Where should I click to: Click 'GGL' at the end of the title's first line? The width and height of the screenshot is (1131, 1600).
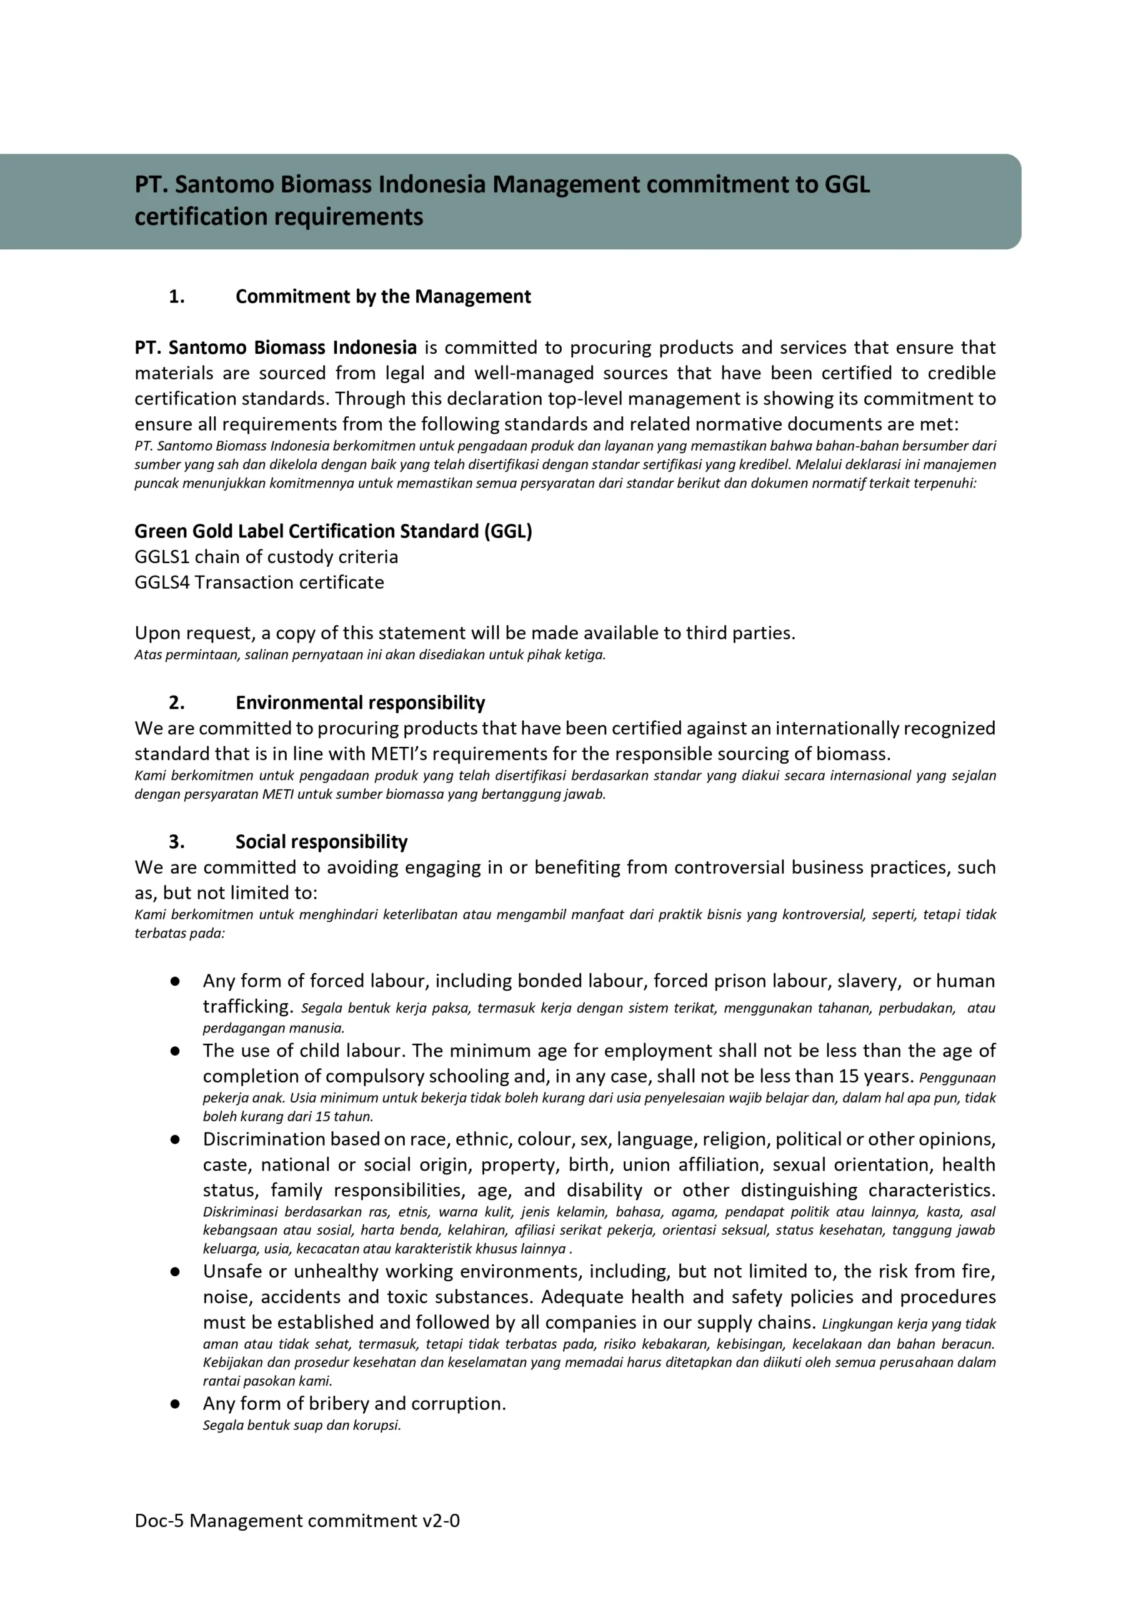coord(847,184)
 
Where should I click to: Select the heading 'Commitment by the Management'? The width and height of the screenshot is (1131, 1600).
coord(382,297)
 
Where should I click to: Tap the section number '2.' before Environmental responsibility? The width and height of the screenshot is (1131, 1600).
coord(177,702)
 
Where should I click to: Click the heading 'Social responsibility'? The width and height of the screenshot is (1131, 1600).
coord(321,842)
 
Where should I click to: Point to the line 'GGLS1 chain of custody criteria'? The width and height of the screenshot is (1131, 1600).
coord(266,557)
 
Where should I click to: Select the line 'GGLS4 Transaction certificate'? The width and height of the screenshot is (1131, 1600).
coord(259,582)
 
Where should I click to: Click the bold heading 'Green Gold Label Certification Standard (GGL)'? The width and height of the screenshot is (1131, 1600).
coord(333,531)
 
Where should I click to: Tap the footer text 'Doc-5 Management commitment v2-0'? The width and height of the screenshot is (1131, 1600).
coord(297,1521)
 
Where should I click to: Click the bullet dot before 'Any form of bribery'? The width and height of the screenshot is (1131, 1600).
coord(175,1404)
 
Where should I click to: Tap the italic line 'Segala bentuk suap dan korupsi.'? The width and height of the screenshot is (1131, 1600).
coord(302,1425)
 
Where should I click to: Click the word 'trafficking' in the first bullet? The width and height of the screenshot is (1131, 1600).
coord(246,1006)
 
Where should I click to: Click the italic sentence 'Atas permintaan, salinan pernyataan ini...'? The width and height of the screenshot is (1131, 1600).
coord(370,654)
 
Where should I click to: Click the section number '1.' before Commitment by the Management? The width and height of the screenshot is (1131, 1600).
coord(177,297)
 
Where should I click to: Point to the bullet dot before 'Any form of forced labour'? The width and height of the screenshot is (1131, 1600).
coord(175,981)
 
